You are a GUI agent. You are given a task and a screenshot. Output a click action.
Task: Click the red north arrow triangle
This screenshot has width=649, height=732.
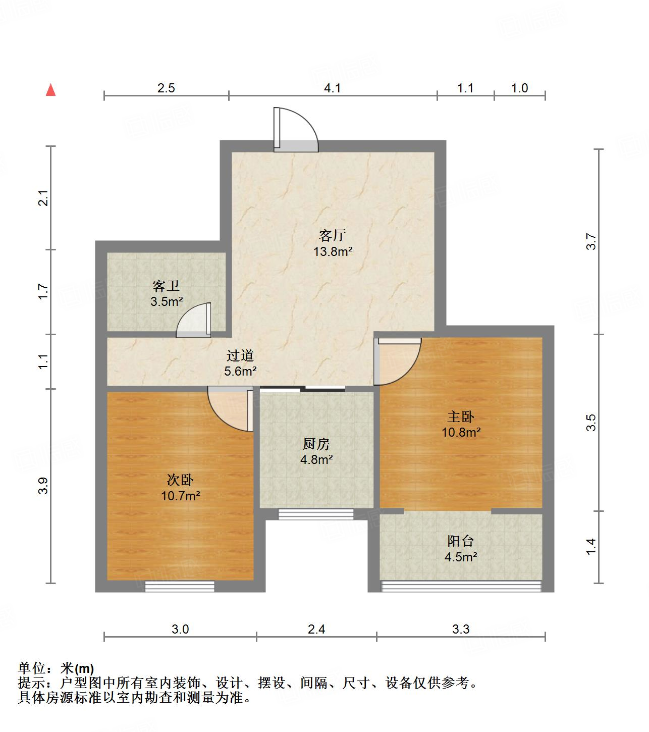click(x=50, y=90)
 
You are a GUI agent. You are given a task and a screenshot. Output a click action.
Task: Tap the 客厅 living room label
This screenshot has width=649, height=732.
click(x=332, y=235)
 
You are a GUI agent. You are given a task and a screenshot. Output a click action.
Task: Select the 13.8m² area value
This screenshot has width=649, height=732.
click(x=333, y=251)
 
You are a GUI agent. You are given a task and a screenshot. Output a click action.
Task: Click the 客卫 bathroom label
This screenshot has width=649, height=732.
click(x=166, y=286)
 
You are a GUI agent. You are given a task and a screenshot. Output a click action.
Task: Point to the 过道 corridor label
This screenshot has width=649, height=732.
click(x=240, y=355)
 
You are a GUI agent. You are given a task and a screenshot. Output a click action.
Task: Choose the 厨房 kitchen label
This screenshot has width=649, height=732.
click(x=316, y=444)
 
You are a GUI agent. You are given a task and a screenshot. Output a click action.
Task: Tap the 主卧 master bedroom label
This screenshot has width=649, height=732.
click(x=461, y=416)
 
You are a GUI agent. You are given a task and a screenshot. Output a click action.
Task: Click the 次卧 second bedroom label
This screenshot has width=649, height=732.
click(x=180, y=480)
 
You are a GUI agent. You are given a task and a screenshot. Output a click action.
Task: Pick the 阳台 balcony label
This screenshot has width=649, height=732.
click(x=461, y=541)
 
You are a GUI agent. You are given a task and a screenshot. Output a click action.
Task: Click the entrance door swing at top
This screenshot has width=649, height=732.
click(x=296, y=129)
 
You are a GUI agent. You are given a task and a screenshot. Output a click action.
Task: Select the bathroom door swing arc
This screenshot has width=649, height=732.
click(x=193, y=321)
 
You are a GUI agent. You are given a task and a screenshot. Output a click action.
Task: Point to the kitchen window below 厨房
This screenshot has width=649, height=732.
click(x=316, y=514)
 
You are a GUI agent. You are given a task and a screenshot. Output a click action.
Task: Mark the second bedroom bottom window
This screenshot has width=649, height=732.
click(x=180, y=586)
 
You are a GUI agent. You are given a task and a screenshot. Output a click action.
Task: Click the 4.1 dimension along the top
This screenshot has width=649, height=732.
click(x=333, y=88)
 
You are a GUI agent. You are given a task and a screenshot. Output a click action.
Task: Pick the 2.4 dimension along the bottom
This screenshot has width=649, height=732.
click(x=316, y=629)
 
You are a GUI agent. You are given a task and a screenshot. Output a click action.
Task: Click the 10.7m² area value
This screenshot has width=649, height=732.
click(x=180, y=496)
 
